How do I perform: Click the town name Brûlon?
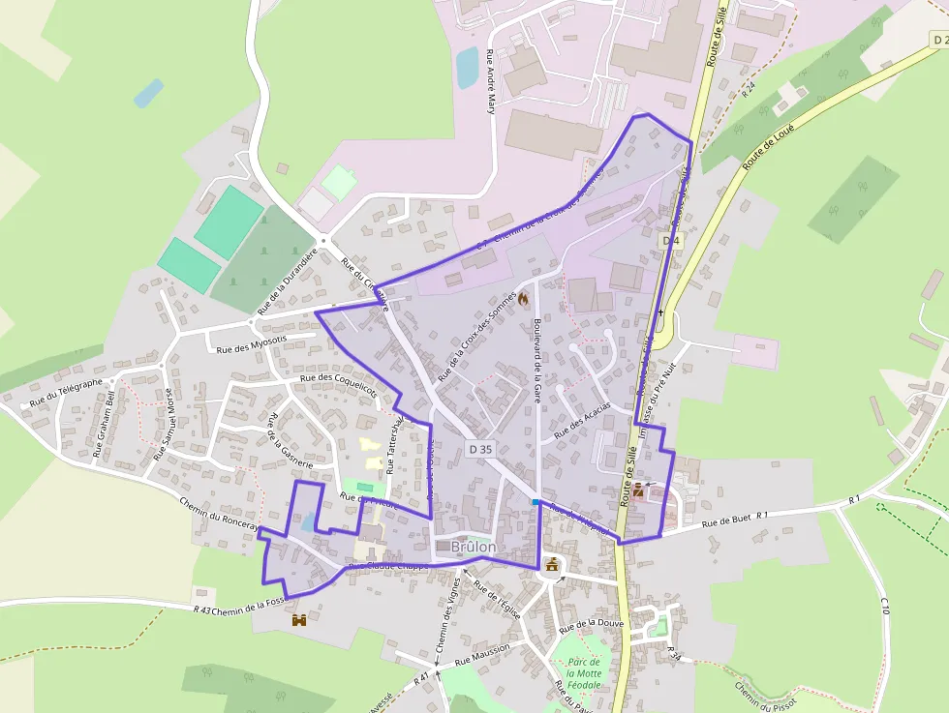474,547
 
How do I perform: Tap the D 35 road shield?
480,449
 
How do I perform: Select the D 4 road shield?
672,239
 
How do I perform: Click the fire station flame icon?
524,300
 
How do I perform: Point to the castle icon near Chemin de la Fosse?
299,619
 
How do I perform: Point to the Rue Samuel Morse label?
162,424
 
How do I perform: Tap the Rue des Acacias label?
581,422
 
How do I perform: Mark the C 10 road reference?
884,606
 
